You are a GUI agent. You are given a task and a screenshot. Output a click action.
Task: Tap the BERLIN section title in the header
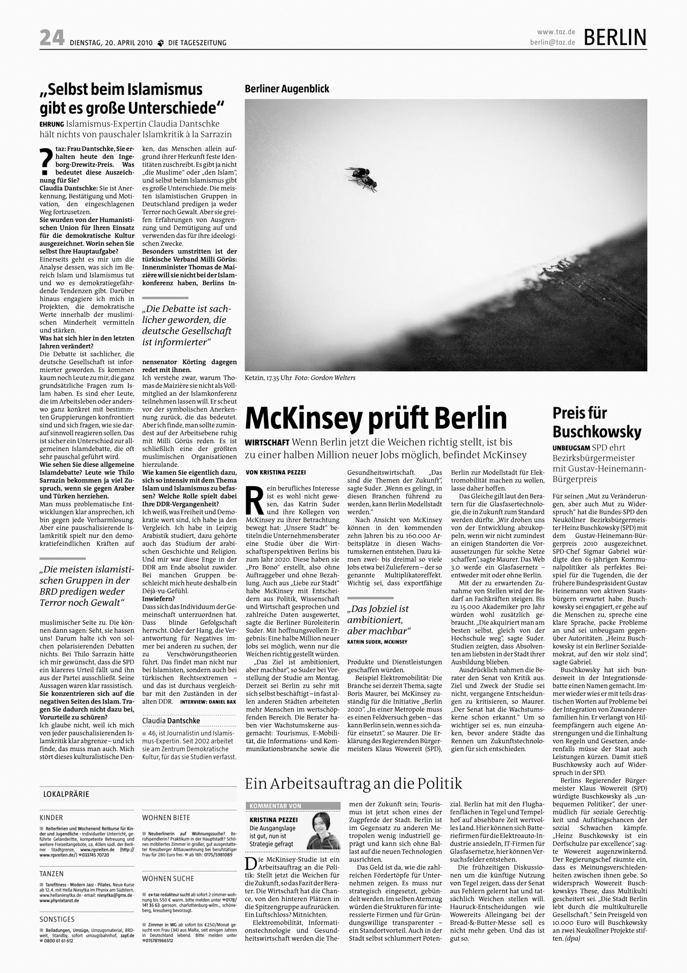point(615,37)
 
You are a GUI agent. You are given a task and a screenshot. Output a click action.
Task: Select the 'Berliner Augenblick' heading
point(287,89)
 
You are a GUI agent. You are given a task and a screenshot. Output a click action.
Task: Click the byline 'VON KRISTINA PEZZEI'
point(276,472)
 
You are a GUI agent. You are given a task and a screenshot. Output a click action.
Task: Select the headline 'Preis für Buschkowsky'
point(596,422)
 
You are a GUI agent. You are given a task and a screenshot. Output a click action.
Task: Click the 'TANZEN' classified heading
point(52,874)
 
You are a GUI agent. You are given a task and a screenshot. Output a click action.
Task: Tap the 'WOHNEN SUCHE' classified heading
point(168,878)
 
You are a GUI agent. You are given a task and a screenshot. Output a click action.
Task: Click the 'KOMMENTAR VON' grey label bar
point(293,806)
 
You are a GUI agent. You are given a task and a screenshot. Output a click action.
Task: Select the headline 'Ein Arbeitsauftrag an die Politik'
point(353,784)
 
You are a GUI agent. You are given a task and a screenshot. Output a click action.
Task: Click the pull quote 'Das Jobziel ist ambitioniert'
point(378,619)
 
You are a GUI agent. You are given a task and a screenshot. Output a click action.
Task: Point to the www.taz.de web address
point(556,32)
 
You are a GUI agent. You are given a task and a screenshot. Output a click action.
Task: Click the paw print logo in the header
point(161,43)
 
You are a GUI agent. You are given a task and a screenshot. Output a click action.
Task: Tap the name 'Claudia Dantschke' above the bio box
point(171,720)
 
